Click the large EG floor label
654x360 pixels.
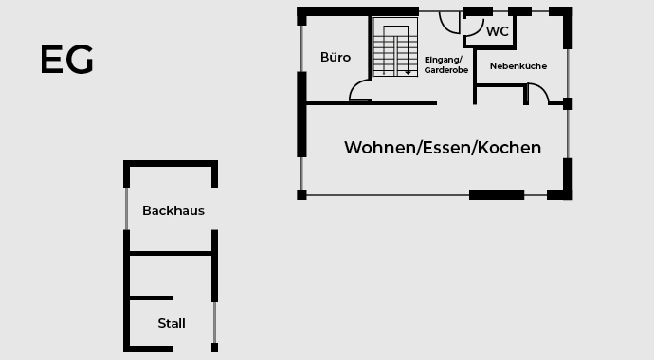click(66, 60)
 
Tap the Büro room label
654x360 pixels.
click(336, 58)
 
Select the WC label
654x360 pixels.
click(498, 31)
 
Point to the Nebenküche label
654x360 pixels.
click(518, 65)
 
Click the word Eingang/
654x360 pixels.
click(443, 59)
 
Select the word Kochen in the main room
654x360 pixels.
click(510, 148)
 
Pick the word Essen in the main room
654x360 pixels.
click(446, 148)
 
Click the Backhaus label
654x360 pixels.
click(173, 210)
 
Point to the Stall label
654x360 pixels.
click(172, 323)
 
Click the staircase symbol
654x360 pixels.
click(395, 48)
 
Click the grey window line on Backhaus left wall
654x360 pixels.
click(126, 208)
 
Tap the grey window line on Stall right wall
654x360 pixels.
click(215, 323)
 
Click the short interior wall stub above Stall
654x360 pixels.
click(151, 298)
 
